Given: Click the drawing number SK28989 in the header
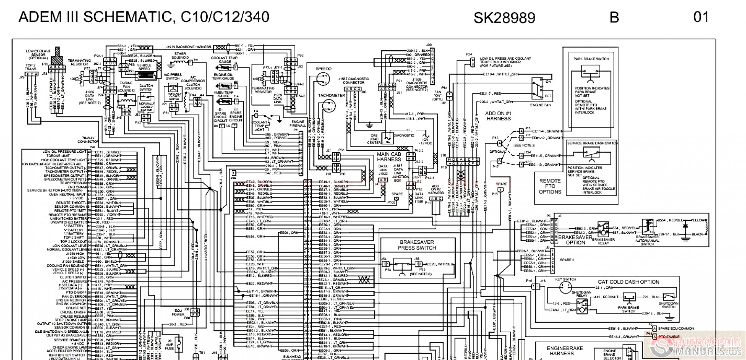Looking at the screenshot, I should click(504, 18).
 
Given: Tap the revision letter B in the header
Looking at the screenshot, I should click(614, 17).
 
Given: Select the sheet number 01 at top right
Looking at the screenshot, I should click(701, 17).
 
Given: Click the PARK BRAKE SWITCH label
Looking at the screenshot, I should click(591, 59).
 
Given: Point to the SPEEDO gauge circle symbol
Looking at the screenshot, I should click(323, 79).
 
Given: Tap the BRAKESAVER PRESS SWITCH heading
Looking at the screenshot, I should click(417, 245).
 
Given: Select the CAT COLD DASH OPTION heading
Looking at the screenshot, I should click(628, 282).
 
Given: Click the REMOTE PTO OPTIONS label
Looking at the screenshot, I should click(550, 186).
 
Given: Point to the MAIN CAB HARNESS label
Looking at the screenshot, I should click(388, 157).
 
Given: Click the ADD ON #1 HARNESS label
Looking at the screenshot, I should click(498, 116).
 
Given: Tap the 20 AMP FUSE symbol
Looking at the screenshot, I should click(179, 345).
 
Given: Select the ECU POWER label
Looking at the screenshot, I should click(178, 313).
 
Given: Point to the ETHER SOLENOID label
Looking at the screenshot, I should click(180, 55).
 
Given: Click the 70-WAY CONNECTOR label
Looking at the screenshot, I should click(88, 140).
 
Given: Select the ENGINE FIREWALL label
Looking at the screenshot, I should click(297, 123).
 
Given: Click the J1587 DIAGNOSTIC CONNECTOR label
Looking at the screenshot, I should click(353, 81).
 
